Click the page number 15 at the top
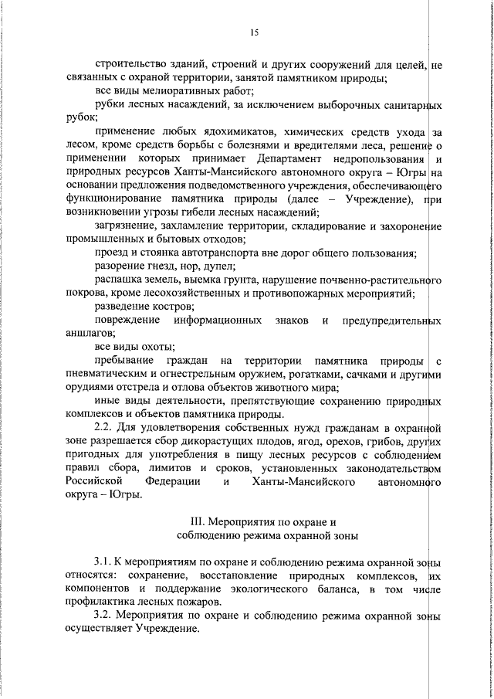click(254, 32)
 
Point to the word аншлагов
click(89, 333)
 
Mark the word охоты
click(157, 347)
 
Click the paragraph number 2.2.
click(103, 425)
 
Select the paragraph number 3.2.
click(103, 616)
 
